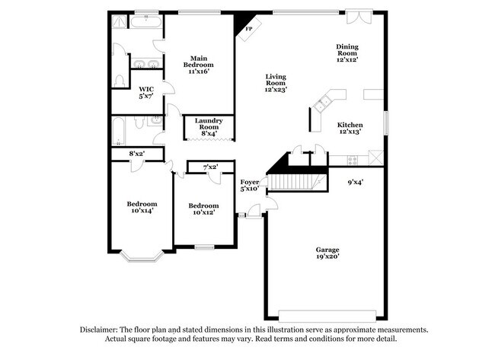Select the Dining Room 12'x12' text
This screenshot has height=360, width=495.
(x=347, y=52)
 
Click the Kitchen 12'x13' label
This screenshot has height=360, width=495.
(x=350, y=128)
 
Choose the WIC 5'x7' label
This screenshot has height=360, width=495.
(x=145, y=92)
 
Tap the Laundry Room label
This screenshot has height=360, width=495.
(x=208, y=127)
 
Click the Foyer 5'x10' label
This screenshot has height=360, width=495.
(x=250, y=185)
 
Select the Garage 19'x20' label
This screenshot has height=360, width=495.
(x=327, y=253)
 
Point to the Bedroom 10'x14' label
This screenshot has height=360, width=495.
(x=142, y=207)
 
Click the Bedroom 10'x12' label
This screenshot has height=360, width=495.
(x=203, y=209)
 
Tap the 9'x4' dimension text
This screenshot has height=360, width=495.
(x=356, y=182)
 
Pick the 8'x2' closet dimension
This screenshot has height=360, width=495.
(x=136, y=155)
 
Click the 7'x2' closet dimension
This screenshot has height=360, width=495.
(x=210, y=167)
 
